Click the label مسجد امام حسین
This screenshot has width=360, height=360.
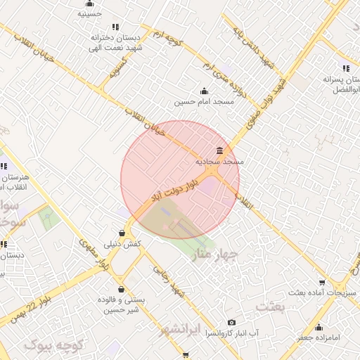(x=203, y=102)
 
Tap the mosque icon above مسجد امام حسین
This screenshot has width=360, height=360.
(x=204, y=91)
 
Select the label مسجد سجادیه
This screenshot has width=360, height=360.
(x=220, y=162)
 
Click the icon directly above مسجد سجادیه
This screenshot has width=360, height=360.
(x=221, y=150)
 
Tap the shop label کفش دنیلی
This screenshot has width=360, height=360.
(x=123, y=244)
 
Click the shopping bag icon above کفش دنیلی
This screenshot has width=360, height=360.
(x=123, y=233)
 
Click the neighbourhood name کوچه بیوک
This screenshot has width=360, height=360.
(x=54, y=345)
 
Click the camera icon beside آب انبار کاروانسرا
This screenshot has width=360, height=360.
(x=232, y=322)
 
